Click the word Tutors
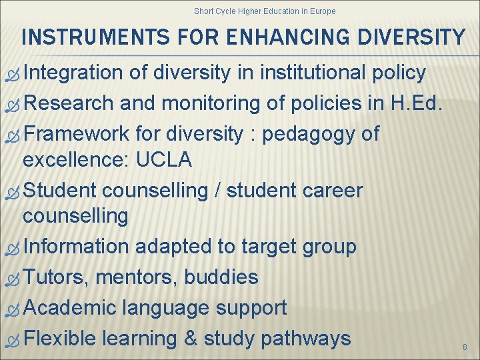[57, 277]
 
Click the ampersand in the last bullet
[190, 339]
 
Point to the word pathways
[306, 339]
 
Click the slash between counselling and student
[217, 191]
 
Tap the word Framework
[75, 134]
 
